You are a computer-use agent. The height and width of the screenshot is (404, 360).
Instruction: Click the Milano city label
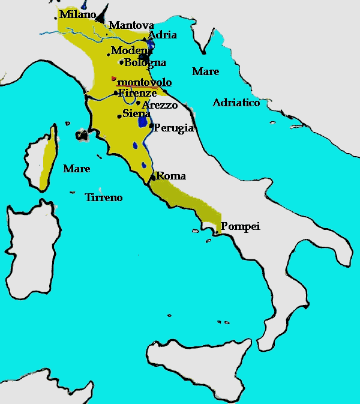click(77, 14)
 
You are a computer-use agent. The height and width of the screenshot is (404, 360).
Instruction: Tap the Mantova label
click(131, 25)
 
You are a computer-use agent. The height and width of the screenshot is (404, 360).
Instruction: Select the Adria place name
click(162, 35)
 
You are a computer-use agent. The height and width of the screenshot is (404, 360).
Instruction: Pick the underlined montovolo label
click(145, 82)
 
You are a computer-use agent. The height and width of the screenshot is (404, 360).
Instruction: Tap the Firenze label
click(137, 93)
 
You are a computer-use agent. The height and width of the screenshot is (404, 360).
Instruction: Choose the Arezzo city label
click(160, 105)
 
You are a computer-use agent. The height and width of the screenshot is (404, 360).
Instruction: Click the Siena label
click(136, 113)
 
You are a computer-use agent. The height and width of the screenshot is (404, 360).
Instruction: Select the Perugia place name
click(173, 128)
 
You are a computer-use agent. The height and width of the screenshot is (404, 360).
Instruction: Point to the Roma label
click(171, 176)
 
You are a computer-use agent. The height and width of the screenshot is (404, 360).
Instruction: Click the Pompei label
click(240, 226)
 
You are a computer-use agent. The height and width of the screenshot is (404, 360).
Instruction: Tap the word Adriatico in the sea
click(236, 103)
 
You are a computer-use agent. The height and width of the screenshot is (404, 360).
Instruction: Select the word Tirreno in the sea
click(103, 197)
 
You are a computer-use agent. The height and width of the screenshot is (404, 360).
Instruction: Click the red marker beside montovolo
click(113, 78)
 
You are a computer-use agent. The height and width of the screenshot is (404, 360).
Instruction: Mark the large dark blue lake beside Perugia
click(143, 121)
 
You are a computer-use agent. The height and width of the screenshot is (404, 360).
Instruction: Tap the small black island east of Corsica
click(81, 134)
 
